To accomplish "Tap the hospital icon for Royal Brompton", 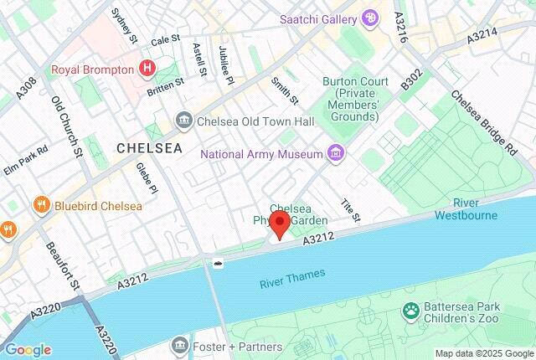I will [x=147, y=68].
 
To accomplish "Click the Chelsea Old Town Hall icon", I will [x=183, y=121].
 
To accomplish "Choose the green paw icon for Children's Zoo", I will [x=411, y=312].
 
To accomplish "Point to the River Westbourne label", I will [x=465, y=209].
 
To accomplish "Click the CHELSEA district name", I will [x=149, y=148].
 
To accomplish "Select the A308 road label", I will [x=28, y=85].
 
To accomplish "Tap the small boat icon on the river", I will [x=219, y=264].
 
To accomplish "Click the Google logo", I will [x=28, y=349].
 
